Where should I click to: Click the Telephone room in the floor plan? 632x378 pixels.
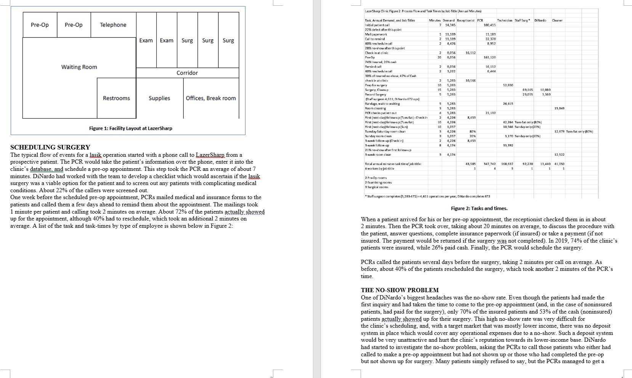(113, 25)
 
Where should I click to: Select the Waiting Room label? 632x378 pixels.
(79, 67)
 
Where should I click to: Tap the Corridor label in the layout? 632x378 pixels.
(187, 73)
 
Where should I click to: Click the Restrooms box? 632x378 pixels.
(116, 98)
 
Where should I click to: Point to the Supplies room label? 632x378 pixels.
(159, 98)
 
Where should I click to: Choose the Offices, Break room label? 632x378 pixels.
(211, 98)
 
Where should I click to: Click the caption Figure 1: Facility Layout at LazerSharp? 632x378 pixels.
(130, 128)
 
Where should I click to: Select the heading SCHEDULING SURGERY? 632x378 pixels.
(50, 147)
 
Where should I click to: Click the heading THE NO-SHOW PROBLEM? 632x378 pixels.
(399, 290)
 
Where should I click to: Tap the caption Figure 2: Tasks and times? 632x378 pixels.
(479, 208)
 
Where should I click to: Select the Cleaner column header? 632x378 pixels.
(557, 20)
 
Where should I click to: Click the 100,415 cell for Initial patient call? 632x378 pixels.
(489, 25)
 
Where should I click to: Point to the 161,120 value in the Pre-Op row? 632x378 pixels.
(489, 57)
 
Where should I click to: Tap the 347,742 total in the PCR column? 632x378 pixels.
(489, 164)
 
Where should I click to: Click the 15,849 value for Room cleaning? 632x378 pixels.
(559, 108)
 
